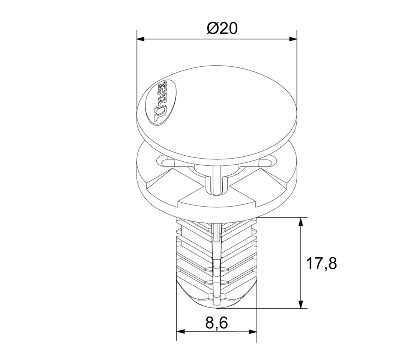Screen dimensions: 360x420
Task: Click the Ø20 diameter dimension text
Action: [222, 28]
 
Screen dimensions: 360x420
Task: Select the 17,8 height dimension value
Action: [321, 264]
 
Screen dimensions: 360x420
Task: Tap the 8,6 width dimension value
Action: [217, 322]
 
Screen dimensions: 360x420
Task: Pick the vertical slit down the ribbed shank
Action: [216, 262]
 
